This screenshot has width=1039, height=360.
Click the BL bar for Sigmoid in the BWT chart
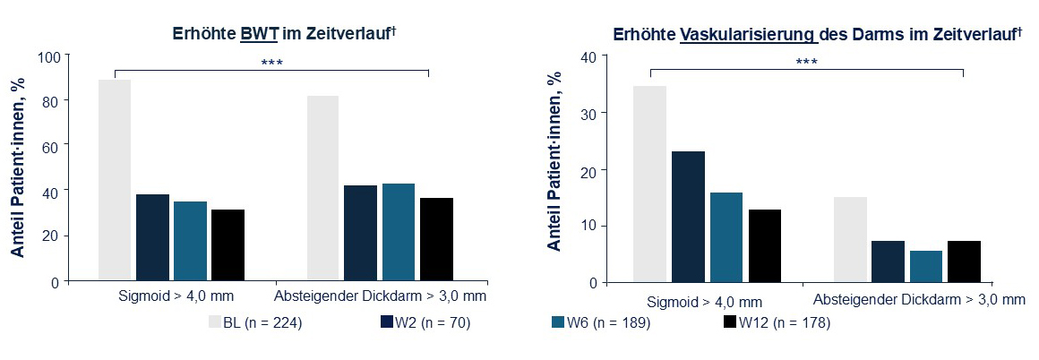[x=114, y=180]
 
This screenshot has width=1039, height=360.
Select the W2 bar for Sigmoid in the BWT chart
[x=152, y=237]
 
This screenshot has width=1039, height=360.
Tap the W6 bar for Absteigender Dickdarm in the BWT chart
[x=399, y=232]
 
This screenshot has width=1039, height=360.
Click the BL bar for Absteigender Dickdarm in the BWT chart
[x=323, y=188]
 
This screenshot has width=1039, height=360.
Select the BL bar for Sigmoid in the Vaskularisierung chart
[x=649, y=184]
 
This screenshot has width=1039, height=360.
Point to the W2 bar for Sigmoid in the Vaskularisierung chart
[x=687, y=216]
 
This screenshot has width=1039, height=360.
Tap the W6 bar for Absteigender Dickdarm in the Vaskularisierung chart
[x=926, y=266]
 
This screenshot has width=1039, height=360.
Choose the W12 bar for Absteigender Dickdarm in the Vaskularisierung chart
[x=964, y=261]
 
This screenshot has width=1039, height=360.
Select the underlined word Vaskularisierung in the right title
[x=749, y=35]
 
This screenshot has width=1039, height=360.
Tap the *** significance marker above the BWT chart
[x=271, y=63]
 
